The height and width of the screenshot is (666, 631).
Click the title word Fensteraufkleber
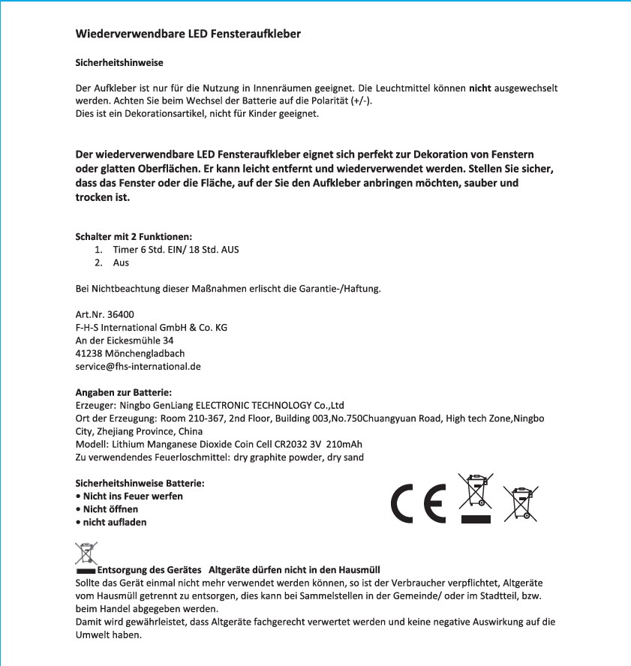coord(257,34)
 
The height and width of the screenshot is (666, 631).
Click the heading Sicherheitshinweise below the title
coord(119,62)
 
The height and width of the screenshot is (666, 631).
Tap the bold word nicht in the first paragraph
coord(479,88)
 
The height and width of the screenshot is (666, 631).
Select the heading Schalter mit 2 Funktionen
coord(128,236)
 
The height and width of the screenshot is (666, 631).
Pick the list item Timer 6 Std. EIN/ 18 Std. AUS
coord(176,249)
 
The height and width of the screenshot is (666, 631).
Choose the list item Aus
coord(121,262)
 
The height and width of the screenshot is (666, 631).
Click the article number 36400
coord(121,314)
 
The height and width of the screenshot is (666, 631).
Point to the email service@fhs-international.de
coord(138,367)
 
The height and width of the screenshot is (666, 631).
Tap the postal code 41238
coord(89,353)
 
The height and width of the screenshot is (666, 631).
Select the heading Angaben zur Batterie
coord(124,392)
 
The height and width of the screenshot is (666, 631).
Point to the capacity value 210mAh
coord(344,444)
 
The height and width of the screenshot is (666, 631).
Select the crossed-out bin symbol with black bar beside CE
coord(475,497)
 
